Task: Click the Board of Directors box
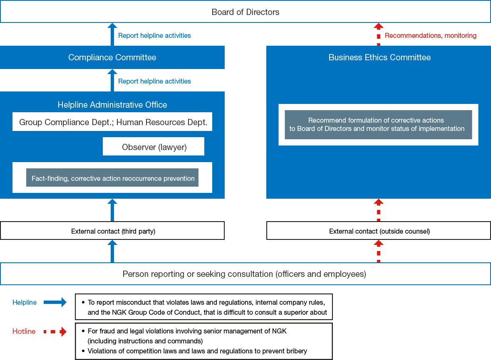(x=245, y=12)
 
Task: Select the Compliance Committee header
(x=112, y=57)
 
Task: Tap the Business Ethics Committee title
(x=379, y=57)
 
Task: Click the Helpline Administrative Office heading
(x=112, y=105)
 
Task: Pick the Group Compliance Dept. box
(x=112, y=122)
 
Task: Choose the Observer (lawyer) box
(x=154, y=147)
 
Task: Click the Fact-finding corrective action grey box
(x=112, y=178)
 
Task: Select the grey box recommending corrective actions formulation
(x=378, y=124)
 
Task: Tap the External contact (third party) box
(x=112, y=231)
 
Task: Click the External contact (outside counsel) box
(x=379, y=231)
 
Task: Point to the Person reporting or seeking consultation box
(x=245, y=274)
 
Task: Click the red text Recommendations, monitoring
(x=431, y=36)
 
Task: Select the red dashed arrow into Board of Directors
(x=378, y=34)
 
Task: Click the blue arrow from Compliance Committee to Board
(x=112, y=34)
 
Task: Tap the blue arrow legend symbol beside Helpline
(x=55, y=302)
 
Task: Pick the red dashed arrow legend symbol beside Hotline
(x=55, y=332)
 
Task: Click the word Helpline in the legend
(x=25, y=303)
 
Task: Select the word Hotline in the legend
(x=24, y=332)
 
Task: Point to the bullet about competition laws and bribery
(x=197, y=351)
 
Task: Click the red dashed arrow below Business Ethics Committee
(x=378, y=210)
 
